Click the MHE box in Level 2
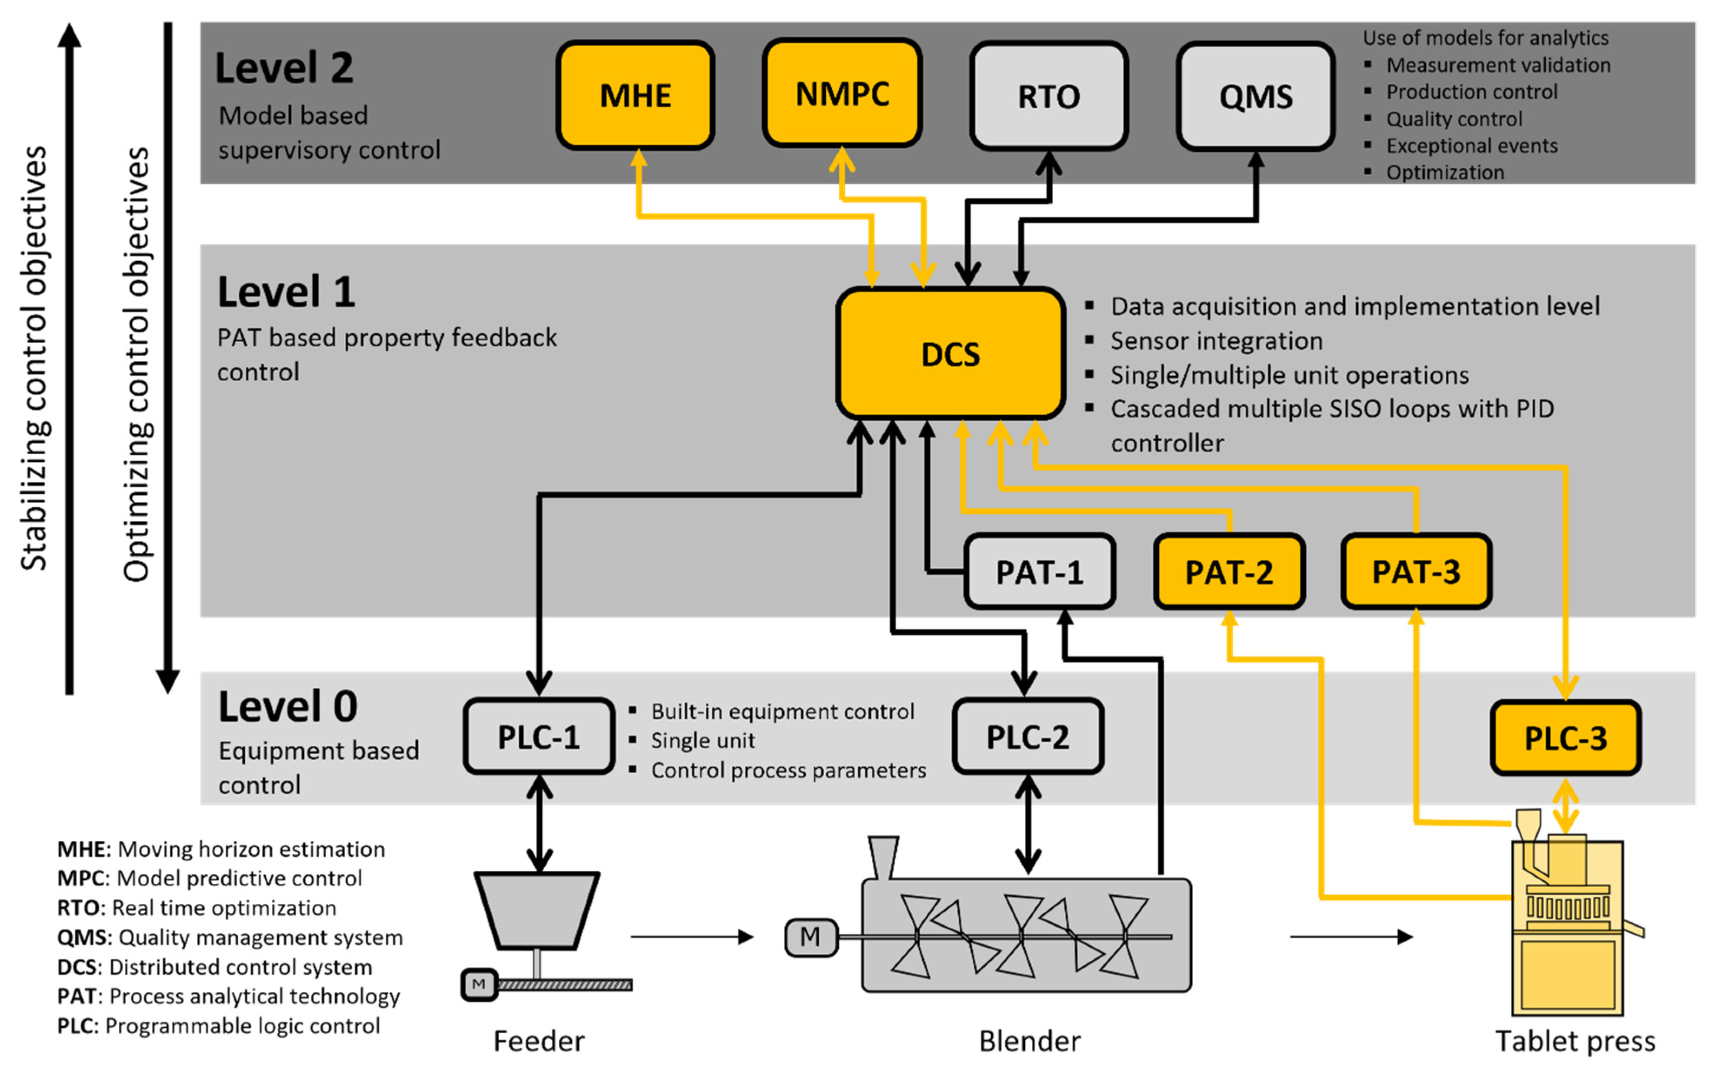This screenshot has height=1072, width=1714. pyautogui.click(x=635, y=95)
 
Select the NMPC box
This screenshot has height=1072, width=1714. pyautogui.click(x=842, y=93)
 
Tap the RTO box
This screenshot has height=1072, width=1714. pyautogui.click(x=1048, y=96)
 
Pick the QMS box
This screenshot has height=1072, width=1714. pyautogui.click(x=1255, y=96)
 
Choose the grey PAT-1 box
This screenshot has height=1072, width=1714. pyautogui.click(x=1039, y=572)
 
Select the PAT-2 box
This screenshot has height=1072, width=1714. pyautogui.click(x=1228, y=572)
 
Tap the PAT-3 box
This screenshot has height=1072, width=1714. pyautogui.click(x=1415, y=572)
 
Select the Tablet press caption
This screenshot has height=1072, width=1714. pyautogui.click(x=1575, y=1041)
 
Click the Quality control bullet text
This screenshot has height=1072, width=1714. pyautogui.click(x=1454, y=118)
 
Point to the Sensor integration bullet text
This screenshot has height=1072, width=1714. pyautogui.click(x=1216, y=341)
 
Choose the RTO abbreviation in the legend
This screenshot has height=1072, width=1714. pyautogui.click(x=77, y=908)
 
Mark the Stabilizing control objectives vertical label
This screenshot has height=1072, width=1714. pyautogui.click(x=33, y=358)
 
